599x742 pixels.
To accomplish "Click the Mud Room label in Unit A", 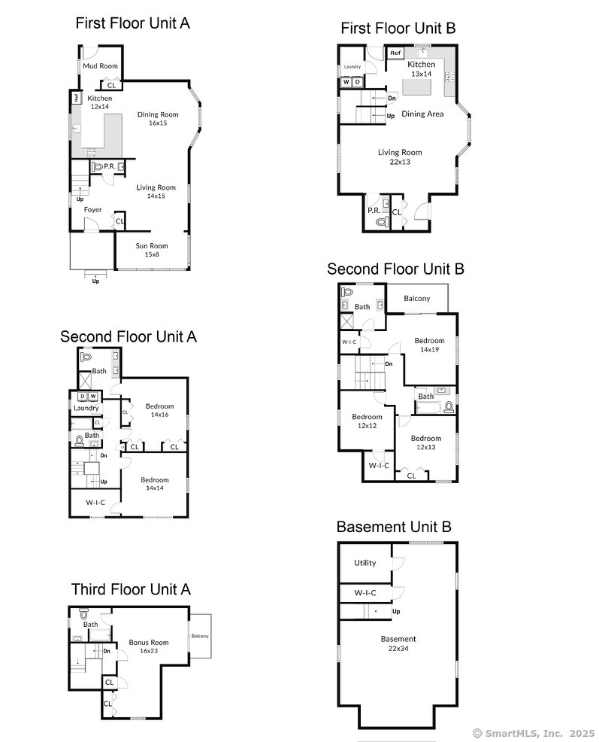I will tap(100, 66).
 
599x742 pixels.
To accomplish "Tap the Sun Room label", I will tap(151, 246).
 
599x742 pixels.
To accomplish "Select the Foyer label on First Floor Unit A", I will tap(93, 210).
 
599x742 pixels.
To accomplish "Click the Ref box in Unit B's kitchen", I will tap(395, 53).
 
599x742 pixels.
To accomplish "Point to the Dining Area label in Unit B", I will tap(422, 114).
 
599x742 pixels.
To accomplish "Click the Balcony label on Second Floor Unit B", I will tap(417, 299).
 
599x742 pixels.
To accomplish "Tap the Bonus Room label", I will tap(148, 642).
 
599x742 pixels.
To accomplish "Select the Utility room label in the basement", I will tap(365, 563).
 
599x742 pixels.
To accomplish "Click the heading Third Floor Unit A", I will tap(131, 588).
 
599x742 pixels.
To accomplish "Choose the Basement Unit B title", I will tap(394, 527).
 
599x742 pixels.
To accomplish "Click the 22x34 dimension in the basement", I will tap(397, 648).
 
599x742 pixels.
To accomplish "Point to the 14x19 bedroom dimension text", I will tap(429, 349).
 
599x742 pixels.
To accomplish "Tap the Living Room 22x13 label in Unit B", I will tap(400, 157).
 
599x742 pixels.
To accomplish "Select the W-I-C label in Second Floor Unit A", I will tap(95, 502).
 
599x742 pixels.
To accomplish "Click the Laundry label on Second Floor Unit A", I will tap(86, 409).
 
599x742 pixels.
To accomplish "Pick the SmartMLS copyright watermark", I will tap(533, 732).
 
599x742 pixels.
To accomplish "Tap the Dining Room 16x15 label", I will tap(157, 119).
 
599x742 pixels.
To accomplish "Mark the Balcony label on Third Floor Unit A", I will tap(200, 637).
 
